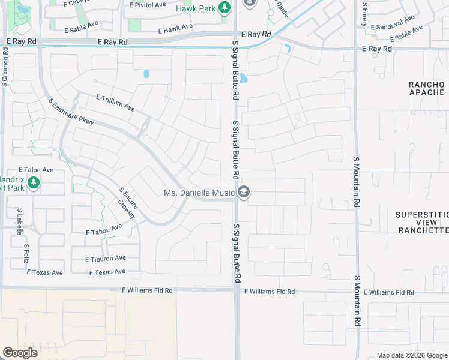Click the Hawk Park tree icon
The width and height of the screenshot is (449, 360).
pyautogui.click(x=224, y=8)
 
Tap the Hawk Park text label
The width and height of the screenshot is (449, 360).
pyautogui.click(x=196, y=8)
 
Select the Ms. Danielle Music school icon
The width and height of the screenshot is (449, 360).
pyautogui.click(x=244, y=193)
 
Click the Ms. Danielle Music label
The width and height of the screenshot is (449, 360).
pyautogui.click(x=199, y=193)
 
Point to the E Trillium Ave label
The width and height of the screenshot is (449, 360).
pyautogui.click(x=115, y=102)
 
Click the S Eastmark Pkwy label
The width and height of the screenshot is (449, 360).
pyautogui.click(x=71, y=112)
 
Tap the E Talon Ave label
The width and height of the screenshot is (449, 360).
pyautogui.click(x=36, y=170)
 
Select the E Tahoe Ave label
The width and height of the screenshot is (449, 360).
pyautogui.click(x=104, y=229)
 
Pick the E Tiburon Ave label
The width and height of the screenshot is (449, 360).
pyautogui.click(x=106, y=258)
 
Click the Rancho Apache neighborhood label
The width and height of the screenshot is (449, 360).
pyautogui.click(x=427, y=88)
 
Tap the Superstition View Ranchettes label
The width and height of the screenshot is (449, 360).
pyautogui.click(x=423, y=222)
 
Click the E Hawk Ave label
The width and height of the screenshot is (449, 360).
pyautogui.click(x=175, y=28)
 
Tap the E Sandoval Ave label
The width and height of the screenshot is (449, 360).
pyautogui.click(x=393, y=23)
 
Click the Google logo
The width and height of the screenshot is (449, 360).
pyautogui.click(x=20, y=352)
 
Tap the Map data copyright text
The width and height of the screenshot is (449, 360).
pyautogui.click(x=411, y=355)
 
